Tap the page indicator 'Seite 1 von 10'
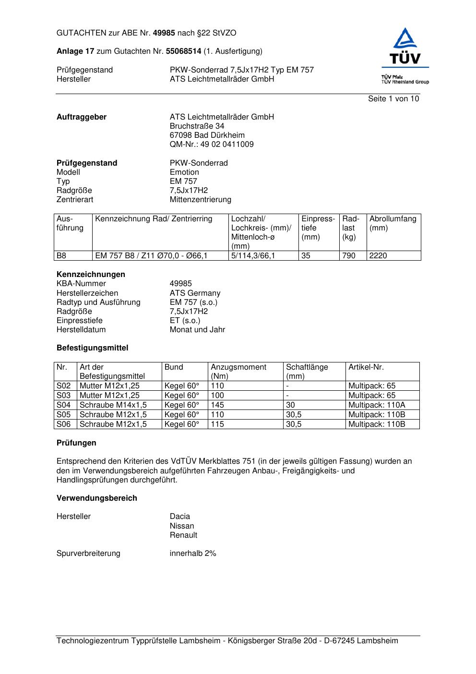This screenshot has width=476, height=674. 393,99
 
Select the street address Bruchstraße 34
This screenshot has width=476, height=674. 197,126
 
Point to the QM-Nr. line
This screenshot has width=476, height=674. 212,144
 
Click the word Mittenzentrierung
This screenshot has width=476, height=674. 200,200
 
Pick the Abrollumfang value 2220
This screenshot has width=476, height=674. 378,256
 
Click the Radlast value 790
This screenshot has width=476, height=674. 349,256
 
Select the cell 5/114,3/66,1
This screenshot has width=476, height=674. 253,256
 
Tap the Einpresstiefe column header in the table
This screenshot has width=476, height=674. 318,228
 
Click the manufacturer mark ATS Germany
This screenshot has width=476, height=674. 195,293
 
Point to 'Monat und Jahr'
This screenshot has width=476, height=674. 197,330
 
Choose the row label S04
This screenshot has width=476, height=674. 64,405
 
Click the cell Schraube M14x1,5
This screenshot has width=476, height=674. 113,405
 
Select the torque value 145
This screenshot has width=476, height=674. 217,405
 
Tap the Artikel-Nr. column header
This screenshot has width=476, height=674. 366,367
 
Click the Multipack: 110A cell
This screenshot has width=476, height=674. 377,405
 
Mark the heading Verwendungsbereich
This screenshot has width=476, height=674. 97,498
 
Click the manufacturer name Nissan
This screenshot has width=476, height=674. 182,526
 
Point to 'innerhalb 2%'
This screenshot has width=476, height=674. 193,554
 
